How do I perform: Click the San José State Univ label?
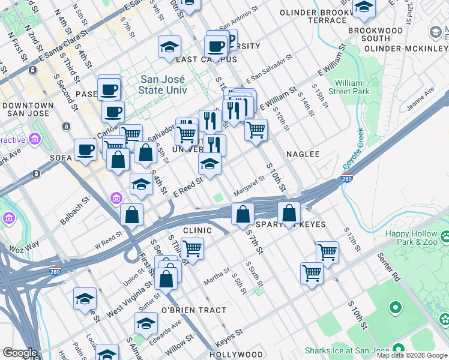pyautogui.click(x=163, y=85)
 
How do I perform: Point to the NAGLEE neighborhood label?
pyautogui.click(x=303, y=154)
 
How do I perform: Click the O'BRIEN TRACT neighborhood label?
pyautogui.click(x=194, y=310)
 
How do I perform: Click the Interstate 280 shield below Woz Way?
pyautogui.click(x=55, y=271)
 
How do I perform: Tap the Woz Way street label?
pyautogui.click(x=24, y=246)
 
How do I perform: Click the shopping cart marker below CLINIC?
pyautogui.click(x=192, y=247)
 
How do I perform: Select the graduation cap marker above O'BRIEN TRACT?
pyautogui.click(x=146, y=323)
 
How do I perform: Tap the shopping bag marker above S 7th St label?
pyautogui.click(x=243, y=214)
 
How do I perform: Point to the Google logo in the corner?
pyautogui.click(x=20, y=353)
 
